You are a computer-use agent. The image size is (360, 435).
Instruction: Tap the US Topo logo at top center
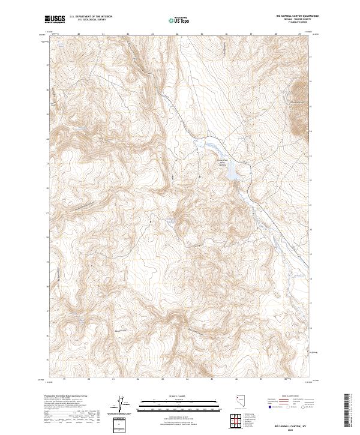point(180,20)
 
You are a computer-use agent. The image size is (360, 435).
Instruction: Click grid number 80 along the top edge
point(79,34)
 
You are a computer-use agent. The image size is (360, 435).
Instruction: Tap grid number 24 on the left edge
point(47,139)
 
